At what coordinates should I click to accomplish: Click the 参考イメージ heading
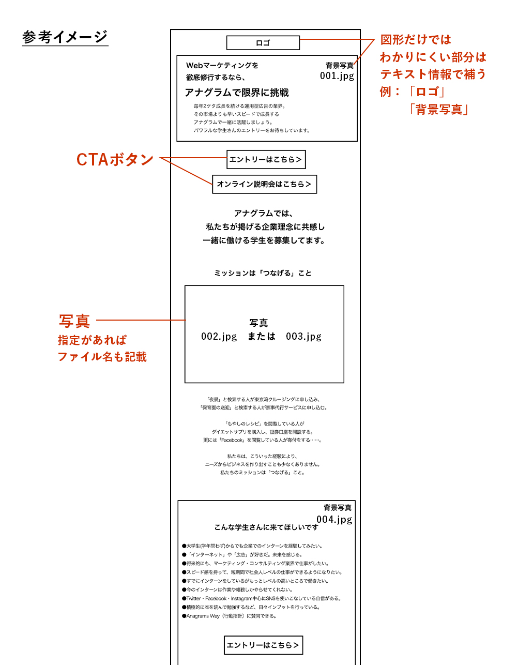point(65,37)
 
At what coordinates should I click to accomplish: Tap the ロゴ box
point(263,42)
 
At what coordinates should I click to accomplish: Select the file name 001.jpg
point(337,76)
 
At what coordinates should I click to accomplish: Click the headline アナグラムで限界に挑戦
point(236,93)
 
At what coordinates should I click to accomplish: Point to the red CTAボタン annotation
point(115,159)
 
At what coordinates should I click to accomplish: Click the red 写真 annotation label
point(74,321)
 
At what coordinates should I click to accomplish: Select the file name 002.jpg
point(219,337)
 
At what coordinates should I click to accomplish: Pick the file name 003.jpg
point(303,337)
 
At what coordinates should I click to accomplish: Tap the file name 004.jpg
point(334,519)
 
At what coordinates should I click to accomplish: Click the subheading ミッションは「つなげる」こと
point(263,273)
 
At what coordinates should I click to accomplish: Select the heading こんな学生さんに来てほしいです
point(266,527)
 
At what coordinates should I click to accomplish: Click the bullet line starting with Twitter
point(262,598)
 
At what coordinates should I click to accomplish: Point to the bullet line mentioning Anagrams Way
point(229,616)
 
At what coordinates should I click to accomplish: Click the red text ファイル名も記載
point(102,357)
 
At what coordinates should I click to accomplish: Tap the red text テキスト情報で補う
point(433,74)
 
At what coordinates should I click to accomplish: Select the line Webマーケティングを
point(222,66)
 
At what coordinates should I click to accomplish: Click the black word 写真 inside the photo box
point(258,323)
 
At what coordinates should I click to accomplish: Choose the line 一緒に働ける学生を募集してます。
point(264,240)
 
